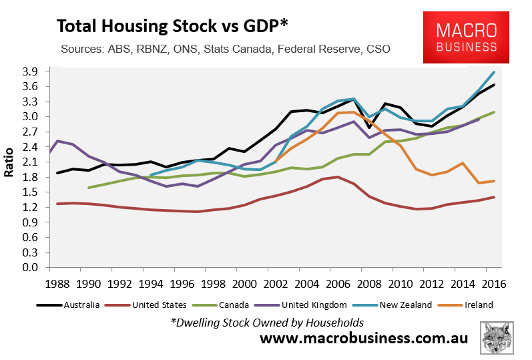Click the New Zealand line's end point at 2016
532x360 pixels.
click(494, 72)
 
